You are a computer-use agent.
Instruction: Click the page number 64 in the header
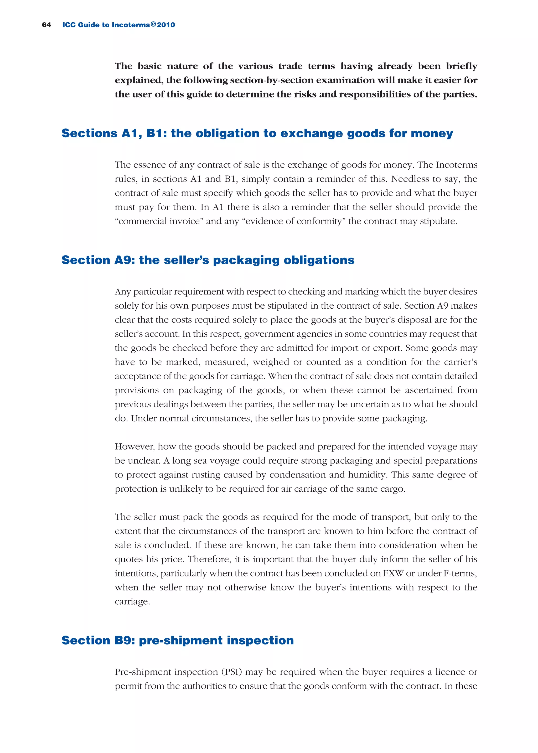point(46,25)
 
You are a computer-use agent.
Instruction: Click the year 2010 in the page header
point(166,25)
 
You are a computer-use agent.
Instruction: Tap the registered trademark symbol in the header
point(153,24)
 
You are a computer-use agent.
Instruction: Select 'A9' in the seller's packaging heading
point(125,260)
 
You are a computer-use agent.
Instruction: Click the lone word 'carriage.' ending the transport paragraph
point(132,602)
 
